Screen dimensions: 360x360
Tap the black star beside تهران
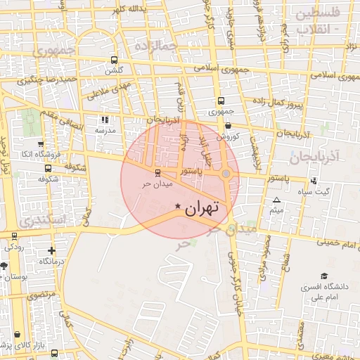[177, 205]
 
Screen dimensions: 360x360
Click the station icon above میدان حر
[156, 172]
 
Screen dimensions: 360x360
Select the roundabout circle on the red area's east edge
[226, 173]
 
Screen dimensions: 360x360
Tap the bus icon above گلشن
[114, 60]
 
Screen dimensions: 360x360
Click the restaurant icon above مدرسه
[105, 120]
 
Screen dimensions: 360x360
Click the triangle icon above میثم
[276, 200]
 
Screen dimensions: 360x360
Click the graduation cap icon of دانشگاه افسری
[323, 276]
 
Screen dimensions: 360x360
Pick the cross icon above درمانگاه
[51, 250]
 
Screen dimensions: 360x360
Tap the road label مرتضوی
[41, 296]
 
